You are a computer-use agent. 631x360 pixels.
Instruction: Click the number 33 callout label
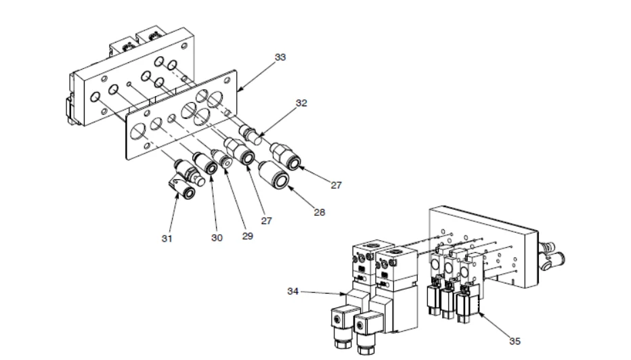click(280, 57)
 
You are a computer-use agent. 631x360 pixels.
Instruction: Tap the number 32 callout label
click(301, 103)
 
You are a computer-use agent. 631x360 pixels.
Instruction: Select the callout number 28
click(319, 212)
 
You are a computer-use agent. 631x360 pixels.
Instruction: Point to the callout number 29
click(248, 235)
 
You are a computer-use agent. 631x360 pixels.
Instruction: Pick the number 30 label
click(217, 238)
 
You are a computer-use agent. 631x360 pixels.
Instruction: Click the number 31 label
click(167, 238)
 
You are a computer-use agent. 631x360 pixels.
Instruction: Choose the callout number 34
click(293, 291)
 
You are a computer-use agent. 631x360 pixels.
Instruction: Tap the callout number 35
click(515, 341)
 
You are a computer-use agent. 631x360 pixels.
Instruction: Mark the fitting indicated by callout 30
click(205, 163)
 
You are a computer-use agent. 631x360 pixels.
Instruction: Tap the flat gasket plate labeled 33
click(181, 116)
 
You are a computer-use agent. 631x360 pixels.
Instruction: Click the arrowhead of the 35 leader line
click(479, 313)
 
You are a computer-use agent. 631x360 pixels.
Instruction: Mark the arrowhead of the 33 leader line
click(238, 89)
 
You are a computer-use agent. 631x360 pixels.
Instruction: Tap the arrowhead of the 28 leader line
click(288, 186)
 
